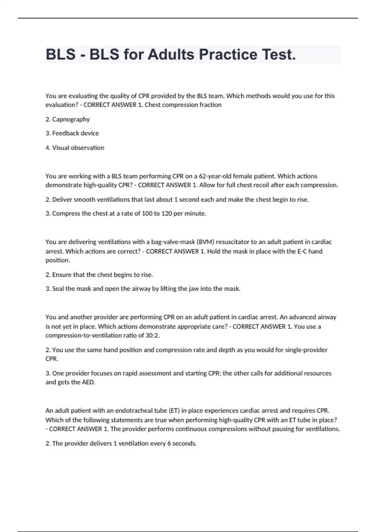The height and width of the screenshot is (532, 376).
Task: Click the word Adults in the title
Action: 171,54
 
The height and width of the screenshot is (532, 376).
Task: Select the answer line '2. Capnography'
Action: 68,119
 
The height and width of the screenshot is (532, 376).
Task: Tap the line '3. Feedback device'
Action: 72,133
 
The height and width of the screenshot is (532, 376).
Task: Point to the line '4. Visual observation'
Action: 75,148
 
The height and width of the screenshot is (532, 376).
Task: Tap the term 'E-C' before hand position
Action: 302,251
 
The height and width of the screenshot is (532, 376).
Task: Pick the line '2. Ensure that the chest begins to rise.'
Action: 99,275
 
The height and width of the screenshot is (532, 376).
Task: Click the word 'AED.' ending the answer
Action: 88,382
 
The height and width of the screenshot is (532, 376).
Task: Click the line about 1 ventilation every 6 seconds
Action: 121,443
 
